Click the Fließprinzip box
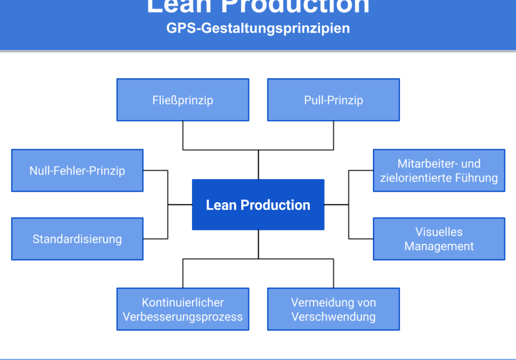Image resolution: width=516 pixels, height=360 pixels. [x=183, y=100]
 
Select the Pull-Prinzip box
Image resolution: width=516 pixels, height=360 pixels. [x=333, y=100]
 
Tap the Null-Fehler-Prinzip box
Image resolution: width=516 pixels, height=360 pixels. [x=77, y=170]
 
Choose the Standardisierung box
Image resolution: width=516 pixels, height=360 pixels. [x=77, y=239]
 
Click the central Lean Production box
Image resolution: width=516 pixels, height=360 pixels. [x=258, y=205]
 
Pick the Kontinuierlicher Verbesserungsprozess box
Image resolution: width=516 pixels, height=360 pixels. [x=183, y=309]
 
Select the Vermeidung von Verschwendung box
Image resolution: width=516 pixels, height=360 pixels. [x=333, y=309]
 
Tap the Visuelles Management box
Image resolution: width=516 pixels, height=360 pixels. [x=439, y=239]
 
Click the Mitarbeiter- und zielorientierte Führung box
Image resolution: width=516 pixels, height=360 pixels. [x=439, y=170]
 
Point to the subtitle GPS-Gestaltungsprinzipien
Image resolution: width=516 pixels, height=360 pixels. [x=258, y=28]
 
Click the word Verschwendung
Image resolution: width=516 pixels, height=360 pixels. [x=334, y=317]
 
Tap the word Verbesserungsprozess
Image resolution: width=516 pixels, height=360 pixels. [x=183, y=317]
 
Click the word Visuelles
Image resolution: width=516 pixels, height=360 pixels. [x=439, y=232]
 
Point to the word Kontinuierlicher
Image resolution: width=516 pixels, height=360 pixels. [x=183, y=303]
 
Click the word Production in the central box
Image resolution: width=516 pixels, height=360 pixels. [x=275, y=205]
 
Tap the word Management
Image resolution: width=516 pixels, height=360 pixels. [x=439, y=247]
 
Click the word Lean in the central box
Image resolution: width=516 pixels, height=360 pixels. [x=221, y=205]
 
